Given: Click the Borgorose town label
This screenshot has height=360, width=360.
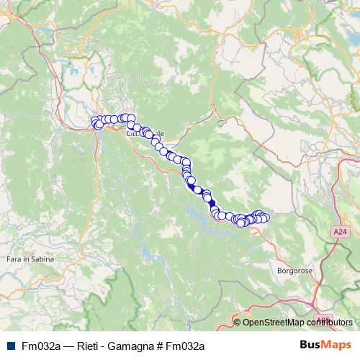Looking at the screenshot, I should (293, 271).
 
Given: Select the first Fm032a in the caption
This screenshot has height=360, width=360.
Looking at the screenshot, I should (40, 346).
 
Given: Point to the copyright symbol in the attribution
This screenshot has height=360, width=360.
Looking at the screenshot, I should (238, 322).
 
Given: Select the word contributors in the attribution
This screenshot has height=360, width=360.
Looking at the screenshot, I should (330, 322).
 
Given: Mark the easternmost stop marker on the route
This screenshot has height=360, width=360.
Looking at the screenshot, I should (265, 217).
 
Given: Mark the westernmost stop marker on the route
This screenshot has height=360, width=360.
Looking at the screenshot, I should (94, 121).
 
